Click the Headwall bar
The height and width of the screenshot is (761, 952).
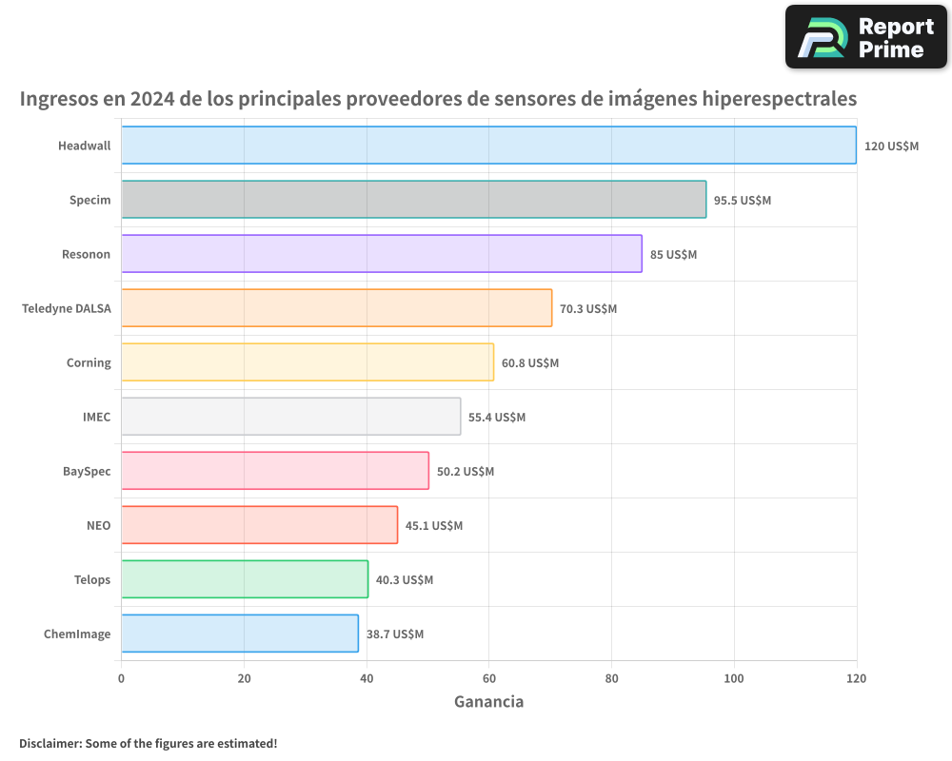(x=488, y=146)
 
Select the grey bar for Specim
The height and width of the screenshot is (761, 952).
(x=413, y=200)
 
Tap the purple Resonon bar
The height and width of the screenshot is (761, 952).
(x=381, y=254)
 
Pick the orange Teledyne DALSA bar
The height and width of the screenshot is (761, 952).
(x=336, y=308)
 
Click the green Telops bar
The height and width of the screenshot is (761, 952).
(x=244, y=579)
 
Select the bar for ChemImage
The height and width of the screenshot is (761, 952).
(x=239, y=634)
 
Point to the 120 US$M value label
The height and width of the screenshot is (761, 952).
(x=891, y=146)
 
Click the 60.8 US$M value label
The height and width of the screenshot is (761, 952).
(x=530, y=363)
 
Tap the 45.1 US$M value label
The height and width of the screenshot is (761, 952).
(x=434, y=526)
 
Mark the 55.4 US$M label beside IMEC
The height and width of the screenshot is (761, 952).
(x=497, y=418)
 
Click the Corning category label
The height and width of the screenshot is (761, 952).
(x=89, y=362)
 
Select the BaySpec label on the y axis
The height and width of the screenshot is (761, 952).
(x=87, y=471)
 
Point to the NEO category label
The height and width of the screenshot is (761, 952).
(x=99, y=525)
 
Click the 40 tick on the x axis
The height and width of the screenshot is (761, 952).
(x=367, y=678)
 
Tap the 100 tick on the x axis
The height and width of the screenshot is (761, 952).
(x=734, y=678)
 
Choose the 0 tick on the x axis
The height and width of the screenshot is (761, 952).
(x=121, y=678)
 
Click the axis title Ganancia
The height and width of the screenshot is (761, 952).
(x=488, y=702)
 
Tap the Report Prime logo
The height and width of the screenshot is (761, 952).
(x=866, y=37)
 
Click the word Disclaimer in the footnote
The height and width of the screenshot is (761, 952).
(x=50, y=743)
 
